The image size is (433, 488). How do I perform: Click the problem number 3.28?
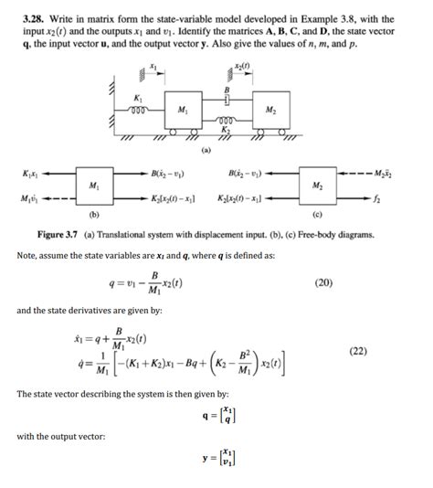[x=30, y=10]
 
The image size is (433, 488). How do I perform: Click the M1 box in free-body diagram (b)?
[x=95, y=185]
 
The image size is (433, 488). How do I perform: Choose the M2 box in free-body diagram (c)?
[x=318, y=185]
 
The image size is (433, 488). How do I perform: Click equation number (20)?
[x=323, y=283]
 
